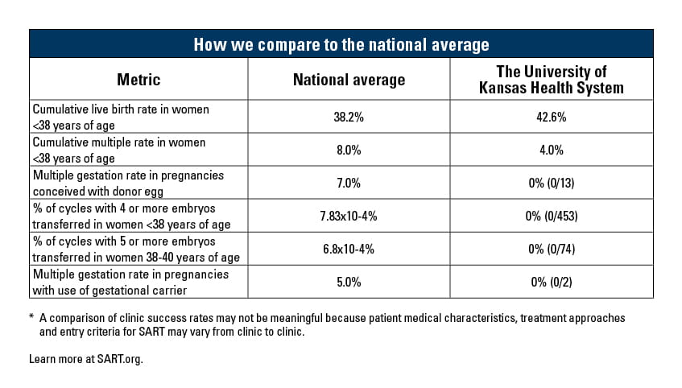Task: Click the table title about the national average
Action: point(341,43)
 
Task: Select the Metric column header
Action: point(138,80)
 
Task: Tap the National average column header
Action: point(348,80)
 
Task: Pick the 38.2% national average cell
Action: point(348,117)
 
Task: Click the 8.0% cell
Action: point(348,150)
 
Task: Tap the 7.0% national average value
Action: point(348,183)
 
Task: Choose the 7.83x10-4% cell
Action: point(348,216)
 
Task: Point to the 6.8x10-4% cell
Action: point(348,249)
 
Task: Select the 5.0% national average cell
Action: point(348,282)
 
